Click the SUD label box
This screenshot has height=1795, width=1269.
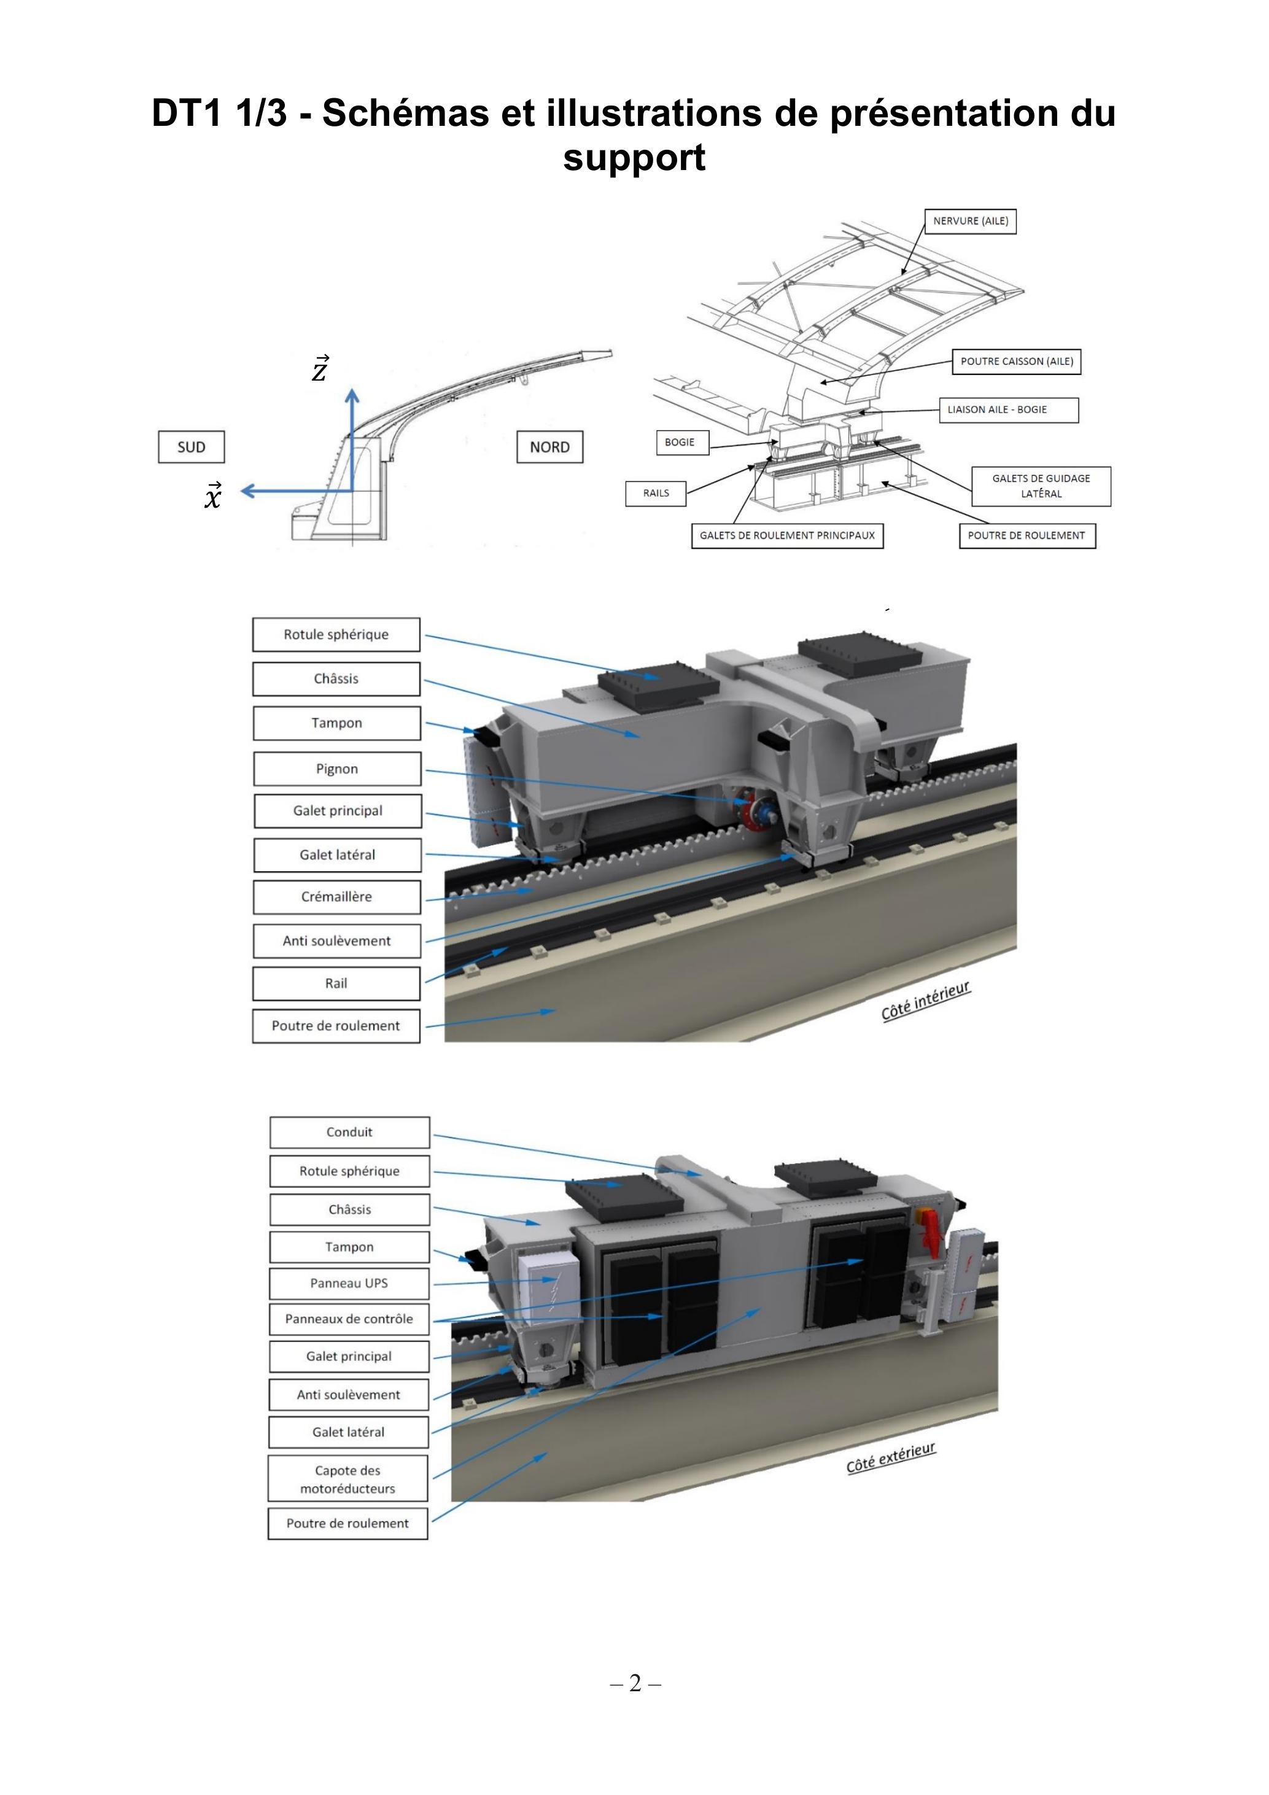point(191,447)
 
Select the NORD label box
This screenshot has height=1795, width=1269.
point(549,447)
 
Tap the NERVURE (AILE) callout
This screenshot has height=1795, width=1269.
point(970,221)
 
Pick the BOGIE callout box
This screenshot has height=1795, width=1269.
point(680,443)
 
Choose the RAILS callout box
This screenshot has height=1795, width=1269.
point(656,494)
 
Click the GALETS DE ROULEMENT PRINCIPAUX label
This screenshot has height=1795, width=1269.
point(787,535)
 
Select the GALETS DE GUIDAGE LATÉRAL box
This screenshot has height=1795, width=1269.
point(1041,486)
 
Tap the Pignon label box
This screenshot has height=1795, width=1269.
point(337,769)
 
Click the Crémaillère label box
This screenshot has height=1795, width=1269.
point(337,897)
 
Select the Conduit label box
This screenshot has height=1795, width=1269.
point(349,1132)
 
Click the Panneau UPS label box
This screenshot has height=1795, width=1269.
point(349,1283)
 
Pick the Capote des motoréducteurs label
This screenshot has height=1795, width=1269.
point(348,1478)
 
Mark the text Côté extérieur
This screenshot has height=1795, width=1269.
point(891,1458)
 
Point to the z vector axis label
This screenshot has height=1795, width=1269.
point(320,368)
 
